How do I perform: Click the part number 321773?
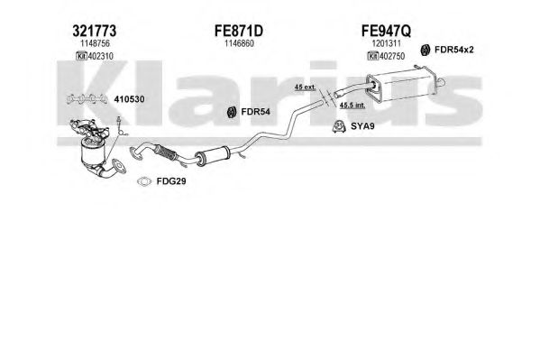(x=95, y=31)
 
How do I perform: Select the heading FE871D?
(x=239, y=31)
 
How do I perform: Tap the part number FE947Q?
(x=386, y=31)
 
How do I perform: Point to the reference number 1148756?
(x=95, y=43)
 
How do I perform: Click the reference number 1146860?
(x=240, y=43)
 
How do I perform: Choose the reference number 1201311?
(x=386, y=43)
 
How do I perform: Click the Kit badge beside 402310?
(x=81, y=56)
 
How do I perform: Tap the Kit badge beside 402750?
(x=373, y=56)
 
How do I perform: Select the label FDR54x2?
(x=453, y=50)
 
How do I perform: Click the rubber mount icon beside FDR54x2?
(x=426, y=50)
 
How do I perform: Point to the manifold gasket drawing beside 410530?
(x=87, y=99)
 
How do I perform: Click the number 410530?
(x=129, y=99)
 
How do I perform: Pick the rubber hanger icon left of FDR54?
(x=232, y=112)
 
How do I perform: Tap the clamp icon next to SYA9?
(x=339, y=126)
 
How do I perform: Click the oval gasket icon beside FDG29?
(x=144, y=181)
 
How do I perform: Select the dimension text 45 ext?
(x=305, y=87)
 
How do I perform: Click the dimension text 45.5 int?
(x=352, y=106)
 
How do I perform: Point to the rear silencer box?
(x=403, y=84)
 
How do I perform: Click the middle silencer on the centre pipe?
(x=213, y=156)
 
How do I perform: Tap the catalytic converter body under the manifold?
(x=92, y=152)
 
